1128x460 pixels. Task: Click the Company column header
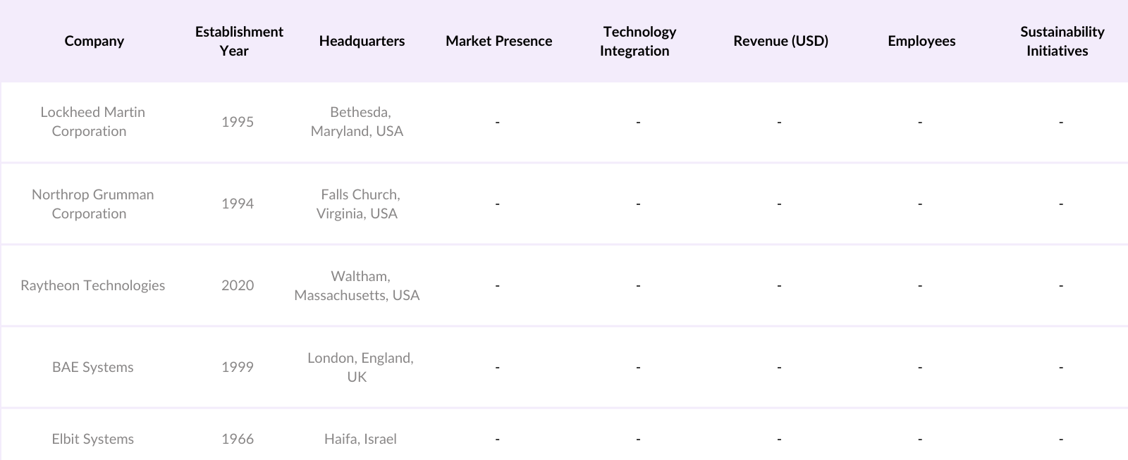point(94,41)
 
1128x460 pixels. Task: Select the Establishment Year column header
point(238,41)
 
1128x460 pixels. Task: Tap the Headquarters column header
point(362,41)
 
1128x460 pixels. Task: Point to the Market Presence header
point(498,41)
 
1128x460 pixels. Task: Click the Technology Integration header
point(638,41)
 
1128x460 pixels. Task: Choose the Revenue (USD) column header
point(780,41)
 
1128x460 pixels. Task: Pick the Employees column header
point(921,41)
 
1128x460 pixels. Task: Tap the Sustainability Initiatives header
point(1061,41)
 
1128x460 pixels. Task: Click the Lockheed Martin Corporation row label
point(92,121)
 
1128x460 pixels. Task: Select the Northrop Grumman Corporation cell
point(92,204)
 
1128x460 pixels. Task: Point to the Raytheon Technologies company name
point(92,285)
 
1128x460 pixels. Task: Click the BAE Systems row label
point(92,367)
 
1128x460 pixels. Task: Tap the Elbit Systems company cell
point(92,439)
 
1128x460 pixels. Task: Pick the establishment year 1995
point(238,122)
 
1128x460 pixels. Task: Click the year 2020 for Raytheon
point(238,285)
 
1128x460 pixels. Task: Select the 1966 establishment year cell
point(238,439)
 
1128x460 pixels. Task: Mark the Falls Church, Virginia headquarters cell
point(357,204)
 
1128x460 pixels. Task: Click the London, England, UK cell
point(360,367)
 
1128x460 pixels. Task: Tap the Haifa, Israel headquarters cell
point(360,439)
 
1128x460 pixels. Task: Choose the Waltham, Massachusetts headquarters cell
point(357,285)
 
